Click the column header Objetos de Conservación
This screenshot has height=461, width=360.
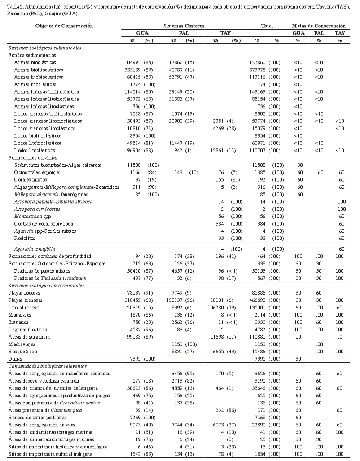[64, 26]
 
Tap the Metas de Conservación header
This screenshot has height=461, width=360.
[319, 26]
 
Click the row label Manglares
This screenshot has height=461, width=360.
[19, 315]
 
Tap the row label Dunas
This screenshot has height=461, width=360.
[15, 359]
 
